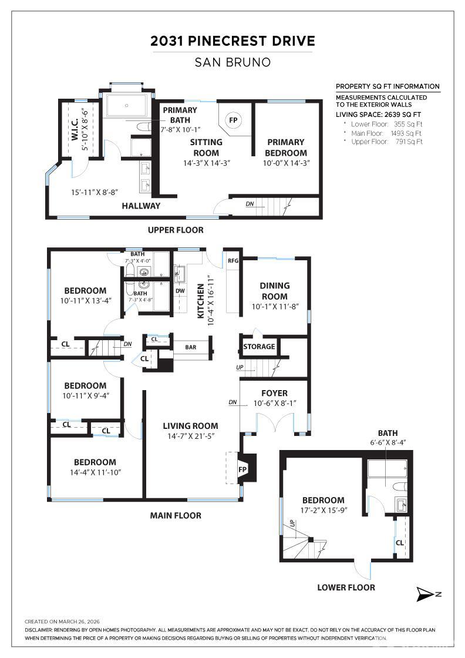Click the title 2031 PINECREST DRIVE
pyautogui.click(x=232, y=41)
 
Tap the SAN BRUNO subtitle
pyautogui.click(x=232, y=62)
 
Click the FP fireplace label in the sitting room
pyautogui.click(x=233, y=120)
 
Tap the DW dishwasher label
pyautogui.click(x=180, y=291)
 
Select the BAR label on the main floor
pyautogui.click(x=191, y=347)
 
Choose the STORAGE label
pyautogui.click(x=259, y=347)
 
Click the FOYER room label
pyautogui.click(x=274, y=393)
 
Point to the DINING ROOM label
pyautogui.click(x=274, y=291)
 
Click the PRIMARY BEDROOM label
pyautogui.click(x=286, y=147)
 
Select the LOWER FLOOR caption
pyautogui.click(x=346, y=587)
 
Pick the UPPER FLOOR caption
pyautogui.click(x=176, y=230)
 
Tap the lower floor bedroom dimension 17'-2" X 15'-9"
pyautogui.click(x=323, y=511)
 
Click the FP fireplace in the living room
pyautogui.click(x=242, y=469)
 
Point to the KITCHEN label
pyautogui.click(x=201, y=301)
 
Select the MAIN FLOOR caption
pyautogui.click(x=176, y=515)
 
